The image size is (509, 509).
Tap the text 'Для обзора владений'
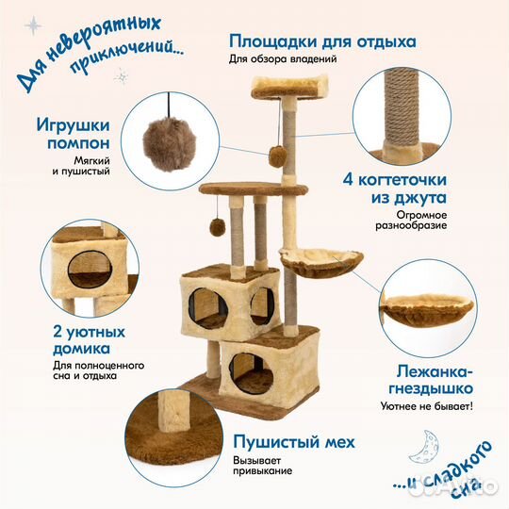click(282, 59)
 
